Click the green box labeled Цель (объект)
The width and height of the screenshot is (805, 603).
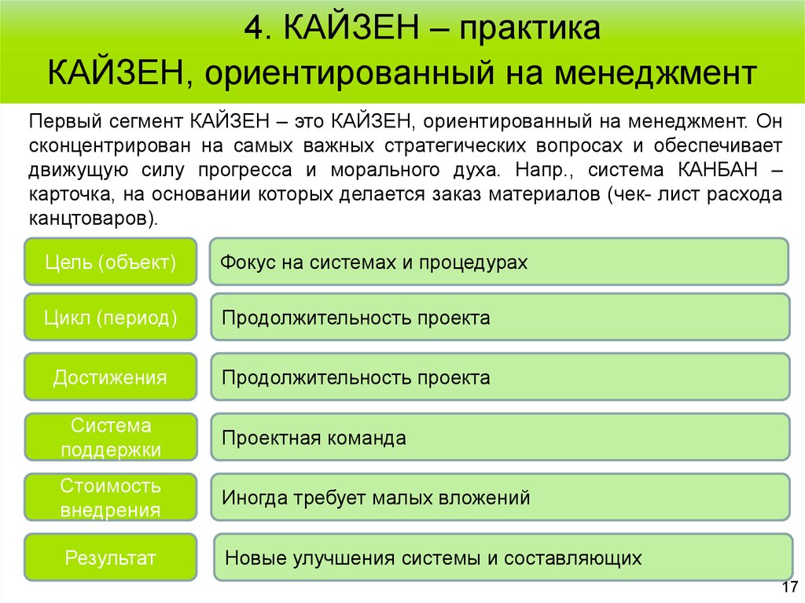[110, 262]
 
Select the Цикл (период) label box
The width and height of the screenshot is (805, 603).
[110, 318]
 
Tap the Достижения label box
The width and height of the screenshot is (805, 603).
[110, 377]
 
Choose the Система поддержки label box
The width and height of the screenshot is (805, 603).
[110, 437]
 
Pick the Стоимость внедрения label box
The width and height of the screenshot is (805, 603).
[110, 498]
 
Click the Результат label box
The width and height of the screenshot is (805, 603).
[110, 558]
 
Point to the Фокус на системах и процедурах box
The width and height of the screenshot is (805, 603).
[498, 262]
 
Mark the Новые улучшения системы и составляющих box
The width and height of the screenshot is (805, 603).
[502, 558]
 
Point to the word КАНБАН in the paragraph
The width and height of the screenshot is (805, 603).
[718, 169]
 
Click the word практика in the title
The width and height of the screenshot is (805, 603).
[531, 31]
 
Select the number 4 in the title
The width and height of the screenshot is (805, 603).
[252, 31]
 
